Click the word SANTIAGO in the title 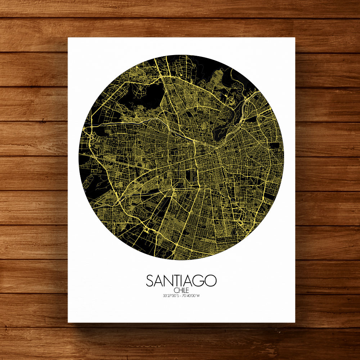click(181, 281)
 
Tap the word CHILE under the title click(181, 291)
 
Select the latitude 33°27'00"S click(171, 296)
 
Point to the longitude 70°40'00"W click(192, 296)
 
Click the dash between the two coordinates click(181, 296)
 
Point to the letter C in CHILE click(175, 291)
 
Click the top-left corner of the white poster click(68, 38)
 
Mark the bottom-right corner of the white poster click(295, 322)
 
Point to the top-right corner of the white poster click(295, 38)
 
